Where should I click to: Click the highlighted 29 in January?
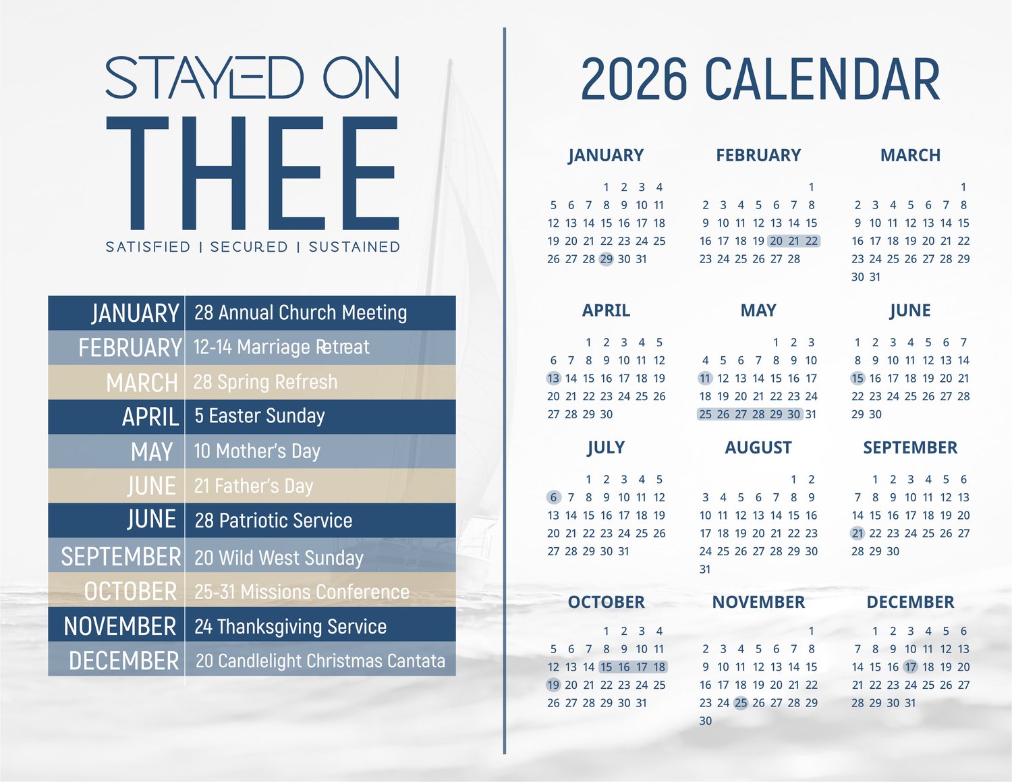coord(606,259)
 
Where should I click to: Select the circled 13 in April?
coord(553,379)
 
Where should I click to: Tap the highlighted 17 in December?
coord(911,667)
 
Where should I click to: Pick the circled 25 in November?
coord(741,703)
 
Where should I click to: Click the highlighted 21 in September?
coord(858,533)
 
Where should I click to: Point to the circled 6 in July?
coord(553,497)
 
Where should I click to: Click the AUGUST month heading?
coord(758,447)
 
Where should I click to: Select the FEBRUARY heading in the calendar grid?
coord(758,155)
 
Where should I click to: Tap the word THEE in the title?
coord(252,173)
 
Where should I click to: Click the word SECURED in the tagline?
coord(249,247)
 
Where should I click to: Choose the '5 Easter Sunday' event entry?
coord(259,416)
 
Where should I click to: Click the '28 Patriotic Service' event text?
coord(273,520)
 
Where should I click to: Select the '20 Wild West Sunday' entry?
coord(279,557)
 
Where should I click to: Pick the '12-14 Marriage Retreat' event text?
coord(281,347)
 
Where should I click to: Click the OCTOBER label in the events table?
coord(130,592)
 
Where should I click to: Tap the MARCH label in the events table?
coord(142,383)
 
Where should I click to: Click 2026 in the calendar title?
coord(634,78)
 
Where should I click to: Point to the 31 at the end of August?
coord(705,569)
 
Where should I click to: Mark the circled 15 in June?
coord(858,379)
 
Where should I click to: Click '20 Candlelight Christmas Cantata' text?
coord(320,661)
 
